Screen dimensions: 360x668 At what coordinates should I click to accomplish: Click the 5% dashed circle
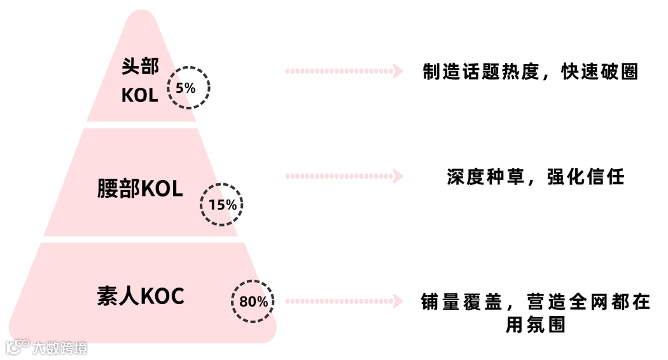[188, 87]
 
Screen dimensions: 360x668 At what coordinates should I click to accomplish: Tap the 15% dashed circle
[222, 204]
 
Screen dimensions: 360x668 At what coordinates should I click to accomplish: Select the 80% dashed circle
[253, 301]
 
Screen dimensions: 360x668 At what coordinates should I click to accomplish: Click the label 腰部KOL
[140, 188]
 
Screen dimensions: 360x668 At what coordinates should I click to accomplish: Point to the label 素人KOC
[141, 296]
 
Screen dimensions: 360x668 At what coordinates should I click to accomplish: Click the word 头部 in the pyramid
[140, 67]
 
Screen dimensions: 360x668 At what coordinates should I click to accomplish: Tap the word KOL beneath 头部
[139, 96]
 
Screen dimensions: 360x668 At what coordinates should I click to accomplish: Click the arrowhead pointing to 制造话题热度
[398, 71]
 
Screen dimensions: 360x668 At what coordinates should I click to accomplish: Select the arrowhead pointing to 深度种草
[398, 175]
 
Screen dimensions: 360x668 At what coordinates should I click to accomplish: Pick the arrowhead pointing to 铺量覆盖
[398, 300]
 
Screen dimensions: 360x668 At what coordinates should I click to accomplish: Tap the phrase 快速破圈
[599, 72]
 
